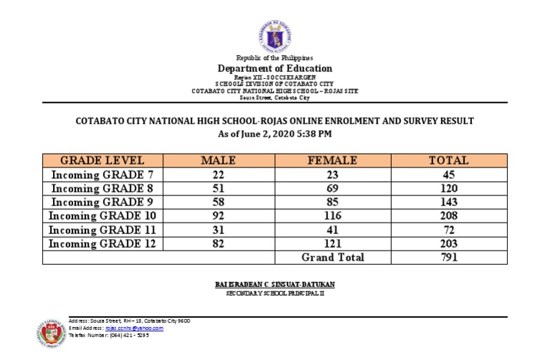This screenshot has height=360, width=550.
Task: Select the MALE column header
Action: (218, 160)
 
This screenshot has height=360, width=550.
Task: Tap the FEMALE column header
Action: (332, 160)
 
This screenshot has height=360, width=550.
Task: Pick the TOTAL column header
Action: (448, 160)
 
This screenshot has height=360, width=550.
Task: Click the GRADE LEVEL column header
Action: (102, 160)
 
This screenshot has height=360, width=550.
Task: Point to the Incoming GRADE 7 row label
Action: (102, 174)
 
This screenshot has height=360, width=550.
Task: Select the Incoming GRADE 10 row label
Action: (102, 215)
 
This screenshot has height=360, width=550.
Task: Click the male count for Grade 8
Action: (218, 188)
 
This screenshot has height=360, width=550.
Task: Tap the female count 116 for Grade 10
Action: (332, 215)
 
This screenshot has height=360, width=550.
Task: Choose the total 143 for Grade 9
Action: (448, 202)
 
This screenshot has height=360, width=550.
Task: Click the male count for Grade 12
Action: (218, 243)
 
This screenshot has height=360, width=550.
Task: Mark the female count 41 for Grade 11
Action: (332, 230)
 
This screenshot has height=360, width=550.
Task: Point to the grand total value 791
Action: (448, 258)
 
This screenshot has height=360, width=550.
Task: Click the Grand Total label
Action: (332, 258)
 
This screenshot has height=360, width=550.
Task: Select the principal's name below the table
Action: (275, 284)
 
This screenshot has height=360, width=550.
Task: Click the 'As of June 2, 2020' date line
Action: (275, 133)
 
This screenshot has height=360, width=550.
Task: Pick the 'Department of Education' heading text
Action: (275, 69)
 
